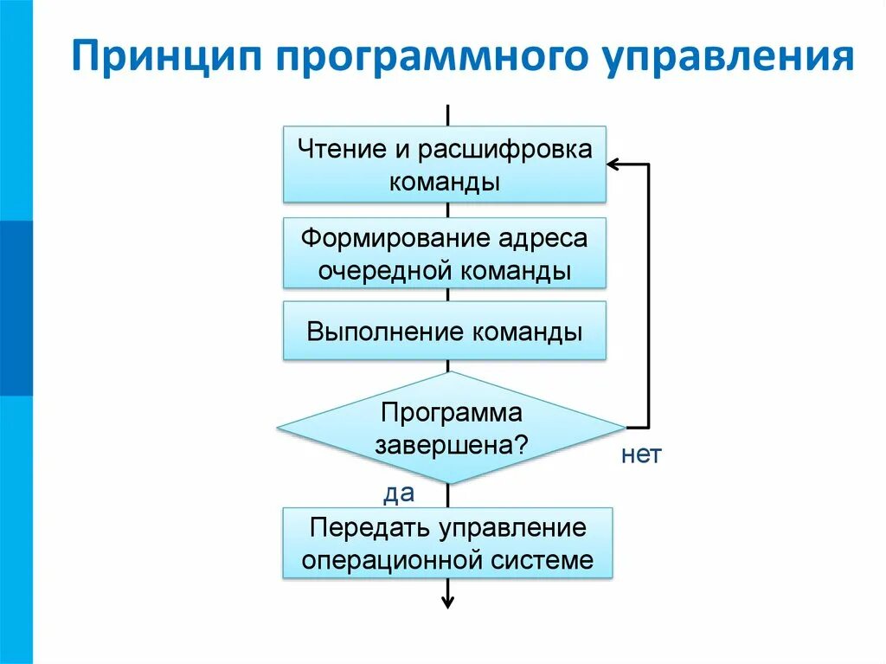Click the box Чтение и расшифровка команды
coord(445,164)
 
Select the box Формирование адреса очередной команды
coord(445,253)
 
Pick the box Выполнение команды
coord(445,331)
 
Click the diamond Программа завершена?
coord(450,428)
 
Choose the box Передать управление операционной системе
coord(447,543)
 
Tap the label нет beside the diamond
coord(641,454)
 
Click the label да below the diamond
coord(399,493)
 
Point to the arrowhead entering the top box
coord(613,164)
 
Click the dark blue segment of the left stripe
coord(16,307)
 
